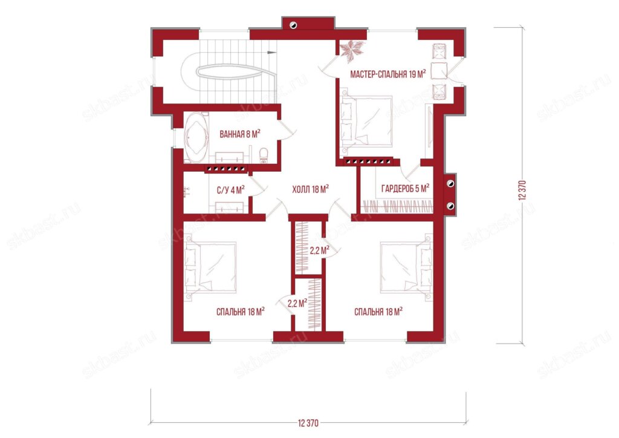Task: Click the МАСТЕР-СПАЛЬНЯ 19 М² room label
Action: coord(387,74)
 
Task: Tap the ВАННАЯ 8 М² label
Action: coord(239,134)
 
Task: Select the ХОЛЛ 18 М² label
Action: coord(311,189)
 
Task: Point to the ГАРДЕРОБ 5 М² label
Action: coord(405,188)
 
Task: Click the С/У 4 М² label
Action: coord(230,190)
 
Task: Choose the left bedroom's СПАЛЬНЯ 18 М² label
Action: coord(241,312)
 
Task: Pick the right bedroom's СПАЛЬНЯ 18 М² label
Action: coord(378,312)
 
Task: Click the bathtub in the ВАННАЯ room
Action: coord(195,137)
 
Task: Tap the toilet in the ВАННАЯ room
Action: coord(264,155)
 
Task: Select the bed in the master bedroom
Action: coord(367,121)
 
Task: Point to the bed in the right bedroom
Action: coord(406,267)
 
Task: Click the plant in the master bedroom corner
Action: coord(351,51)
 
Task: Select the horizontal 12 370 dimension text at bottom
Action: coord(308,423)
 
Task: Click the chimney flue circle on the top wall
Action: coord(293,25)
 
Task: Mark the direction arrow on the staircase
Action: coord(271,52)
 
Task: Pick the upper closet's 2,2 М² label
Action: coord(319,250)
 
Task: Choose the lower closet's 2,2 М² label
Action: coord(297,303)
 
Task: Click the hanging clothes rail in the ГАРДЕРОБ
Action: coord(398,206)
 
